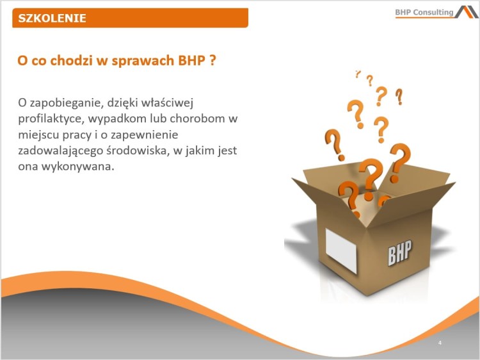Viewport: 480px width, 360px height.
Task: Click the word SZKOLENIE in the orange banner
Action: [52, 18]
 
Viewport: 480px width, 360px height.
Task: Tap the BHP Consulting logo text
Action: [423, 12]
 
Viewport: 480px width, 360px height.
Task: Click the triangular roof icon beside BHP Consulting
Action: [467, 12]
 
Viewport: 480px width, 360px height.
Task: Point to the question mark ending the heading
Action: [212, 61]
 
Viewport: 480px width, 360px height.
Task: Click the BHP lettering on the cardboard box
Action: [399, 252]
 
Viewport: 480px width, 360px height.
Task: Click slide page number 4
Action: [440, 343]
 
